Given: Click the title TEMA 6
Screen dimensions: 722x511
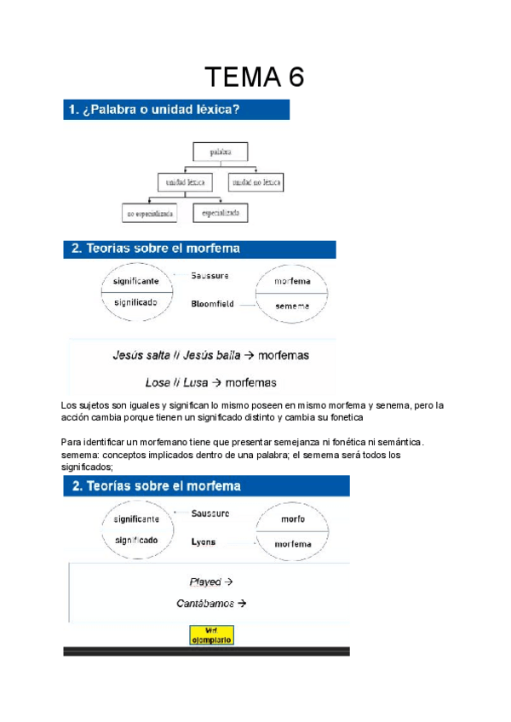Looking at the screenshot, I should coord(255,77).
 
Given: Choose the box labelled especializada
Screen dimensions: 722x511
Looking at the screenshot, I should coord(220,212).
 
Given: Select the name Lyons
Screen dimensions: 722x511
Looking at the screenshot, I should coord(204,541).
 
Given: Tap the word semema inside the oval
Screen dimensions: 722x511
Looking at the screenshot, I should coord(292,306).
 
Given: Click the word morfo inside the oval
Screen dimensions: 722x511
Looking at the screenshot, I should coord(292,518).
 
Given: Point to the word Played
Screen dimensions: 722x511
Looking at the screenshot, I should coord(205,582).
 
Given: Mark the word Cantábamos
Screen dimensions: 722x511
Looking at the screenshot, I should coord(205,604).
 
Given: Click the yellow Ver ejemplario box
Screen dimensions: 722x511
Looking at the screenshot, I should coord(210,634).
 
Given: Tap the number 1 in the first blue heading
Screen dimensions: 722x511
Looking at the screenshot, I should coord(69,109).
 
